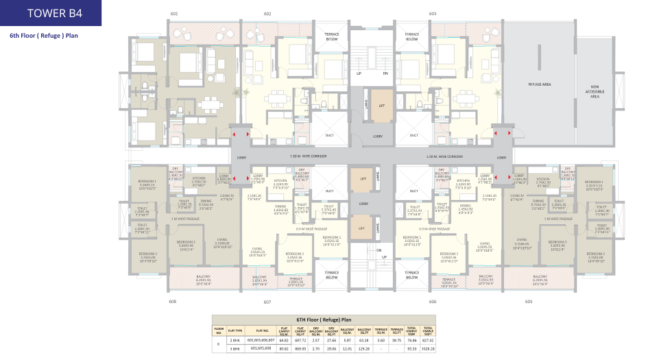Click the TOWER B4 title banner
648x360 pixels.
tap(51, 13)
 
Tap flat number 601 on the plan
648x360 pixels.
tap(173, 14)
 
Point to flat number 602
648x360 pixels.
tap(267, 14)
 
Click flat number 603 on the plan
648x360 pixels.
tap(432, 14)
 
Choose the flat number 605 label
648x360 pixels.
tap(529, 301)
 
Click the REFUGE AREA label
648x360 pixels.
tap(540, 84)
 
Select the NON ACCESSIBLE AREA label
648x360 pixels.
tap(595, 92)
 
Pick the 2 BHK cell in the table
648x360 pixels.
tap(236, 339)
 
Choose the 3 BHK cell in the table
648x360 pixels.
tap(236, 348)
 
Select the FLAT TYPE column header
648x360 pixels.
tap(236, 330)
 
